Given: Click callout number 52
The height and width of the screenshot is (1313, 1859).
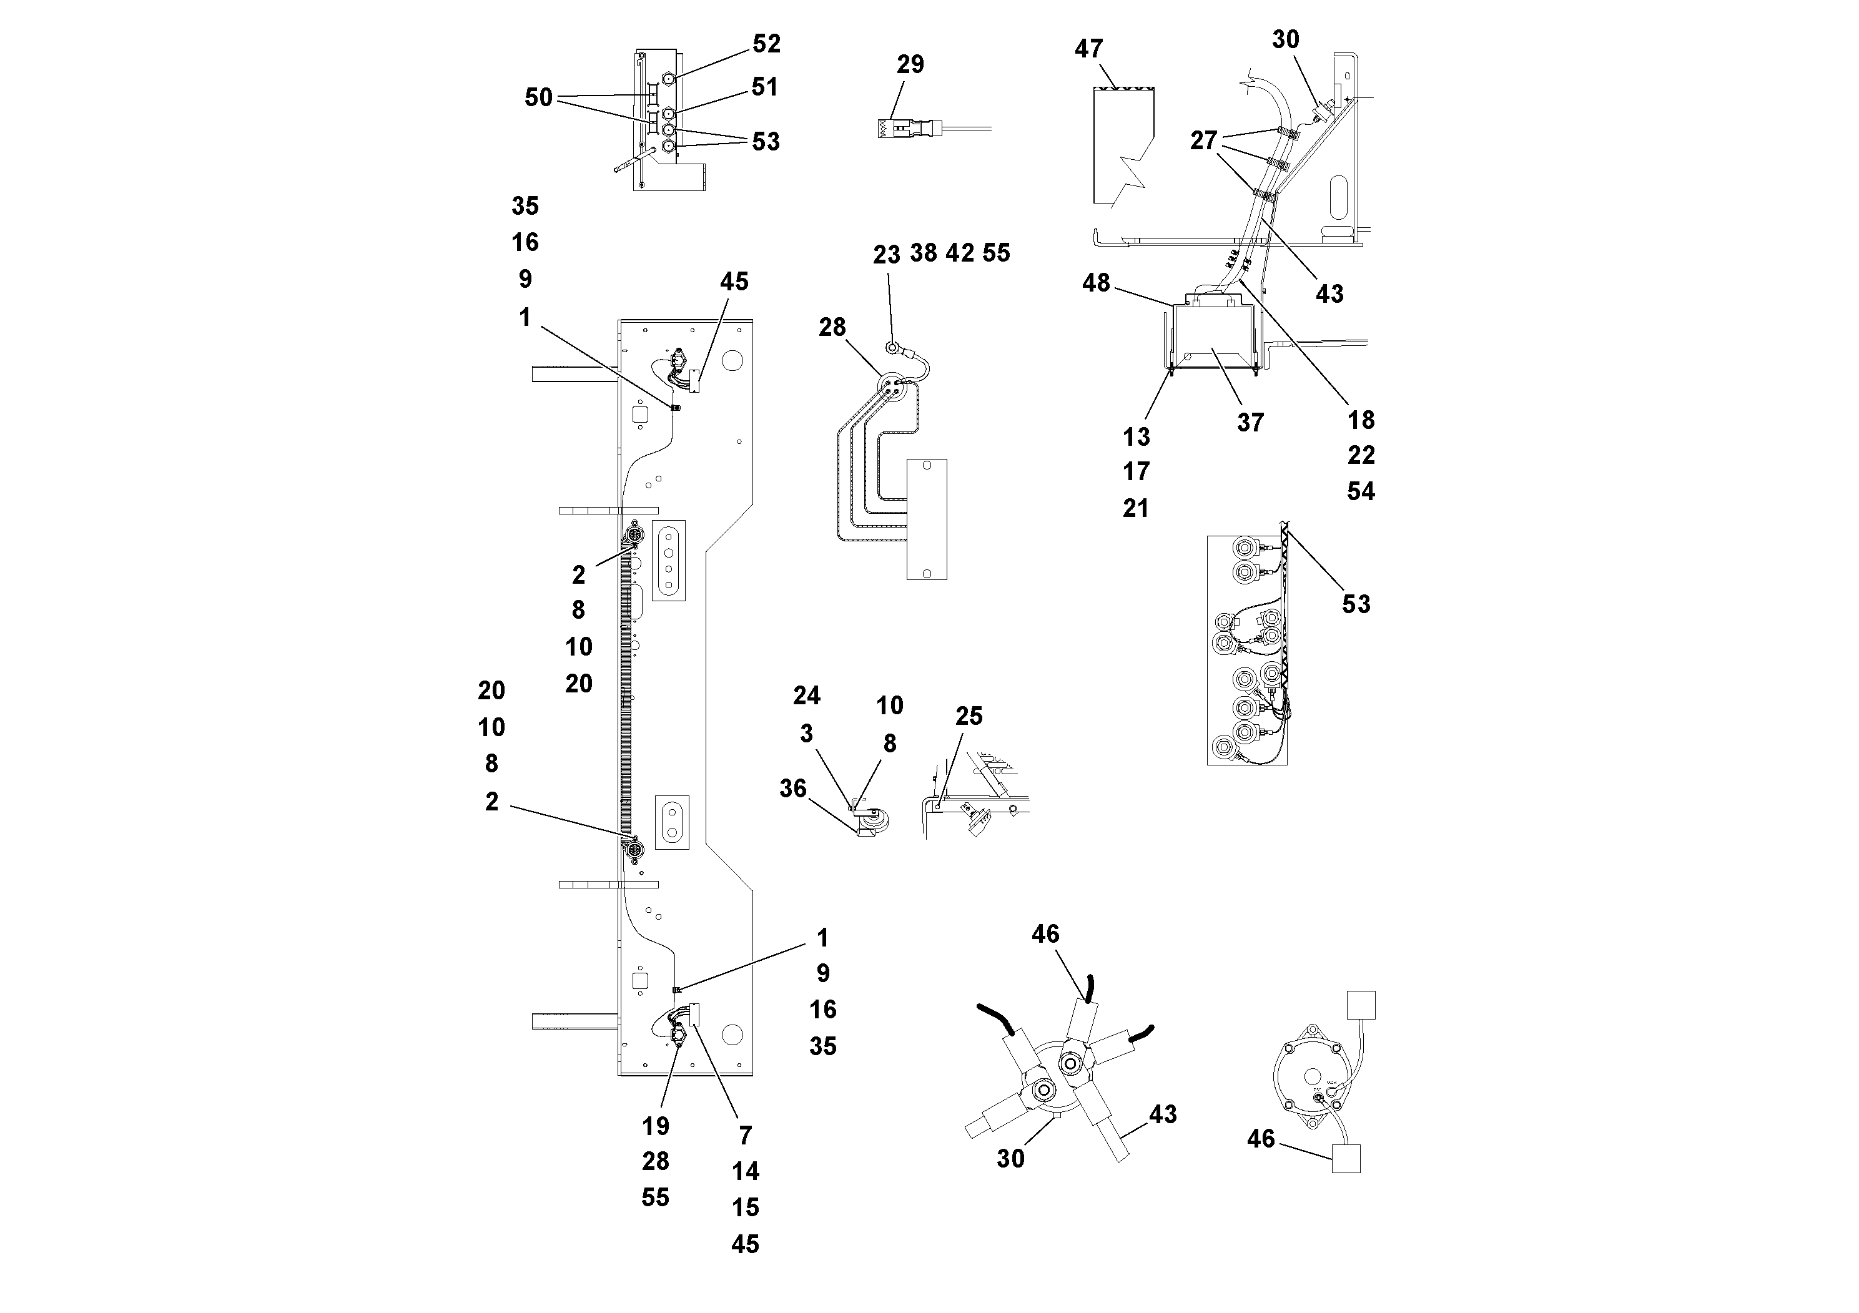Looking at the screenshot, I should coord(766,44).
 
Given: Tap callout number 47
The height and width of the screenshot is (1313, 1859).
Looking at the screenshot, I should coord(1088,49).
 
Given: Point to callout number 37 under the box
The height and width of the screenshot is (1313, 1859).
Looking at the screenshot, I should coord(1250,422).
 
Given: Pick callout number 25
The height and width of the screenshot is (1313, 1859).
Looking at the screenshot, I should coord(969,716).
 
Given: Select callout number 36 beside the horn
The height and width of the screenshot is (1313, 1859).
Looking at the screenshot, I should coord(792,788).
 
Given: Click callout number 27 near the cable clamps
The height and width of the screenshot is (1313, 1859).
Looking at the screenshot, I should coord(1203,141).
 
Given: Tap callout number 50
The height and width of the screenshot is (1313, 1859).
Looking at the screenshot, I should coord(538,98).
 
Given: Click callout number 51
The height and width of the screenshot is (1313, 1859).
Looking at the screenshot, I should coord(764,87).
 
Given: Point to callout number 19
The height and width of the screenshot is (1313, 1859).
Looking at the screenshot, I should coord(655,1125).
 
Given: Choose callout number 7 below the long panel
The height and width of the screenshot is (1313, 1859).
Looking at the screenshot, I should coord(745,1135).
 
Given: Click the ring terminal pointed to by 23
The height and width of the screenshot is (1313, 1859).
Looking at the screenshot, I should coord(892,349).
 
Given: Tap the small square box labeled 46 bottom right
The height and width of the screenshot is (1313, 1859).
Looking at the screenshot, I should coord(1346,1158).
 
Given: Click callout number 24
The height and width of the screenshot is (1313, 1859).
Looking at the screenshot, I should coord(806,696).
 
